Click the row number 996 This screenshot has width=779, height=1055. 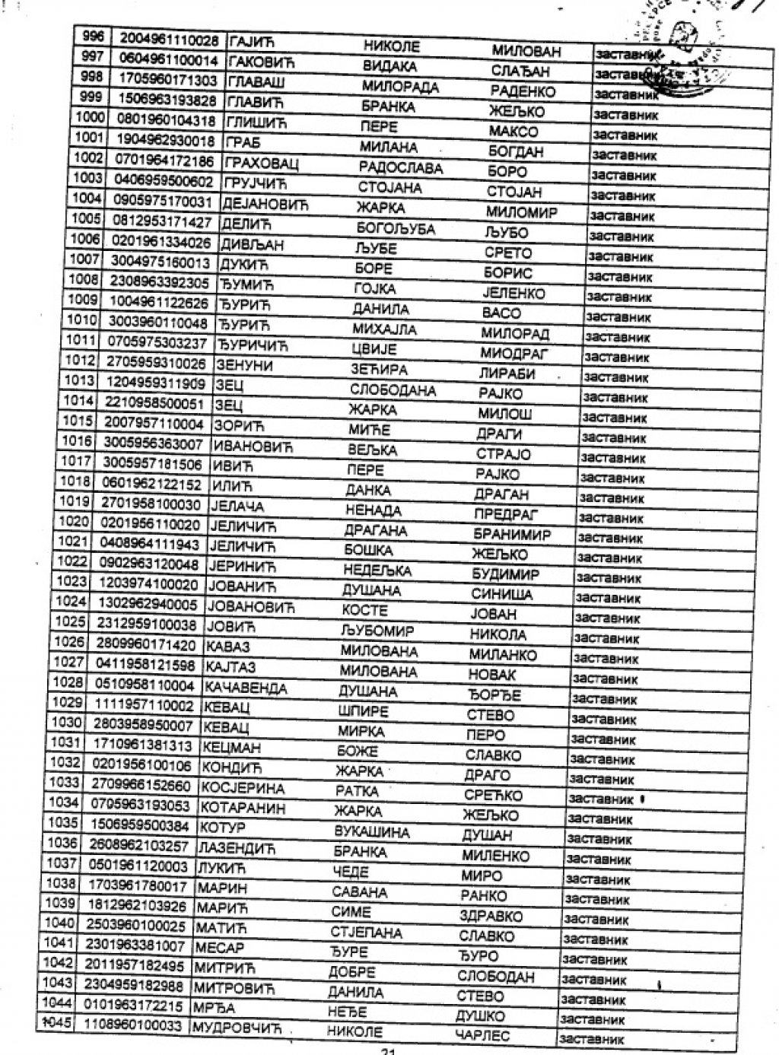[x=92, y=37]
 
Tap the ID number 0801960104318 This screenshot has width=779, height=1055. [x=166, y=120]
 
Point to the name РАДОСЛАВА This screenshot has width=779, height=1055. [x=400, y=167]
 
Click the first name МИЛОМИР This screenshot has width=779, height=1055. [x=522, y=212]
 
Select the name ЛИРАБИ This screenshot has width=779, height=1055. [x=507, y=374]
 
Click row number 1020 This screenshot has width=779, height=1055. [x=74, y=522]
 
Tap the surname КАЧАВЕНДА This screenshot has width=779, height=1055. [x=245, y=688]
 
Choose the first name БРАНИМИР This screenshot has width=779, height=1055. [x=511, y=535]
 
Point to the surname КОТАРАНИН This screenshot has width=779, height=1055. [x=242, y=808]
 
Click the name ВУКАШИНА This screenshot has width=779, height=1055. [x=371, y=831]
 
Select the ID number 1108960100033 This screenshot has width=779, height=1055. [x=132, y=1025]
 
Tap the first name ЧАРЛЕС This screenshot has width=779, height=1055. [x=482, y=1035]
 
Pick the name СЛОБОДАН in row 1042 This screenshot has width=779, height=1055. [x=495, y=976]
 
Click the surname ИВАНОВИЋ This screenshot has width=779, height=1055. [x=253, y=446]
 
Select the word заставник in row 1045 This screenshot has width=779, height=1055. [x=591, y=1038]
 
